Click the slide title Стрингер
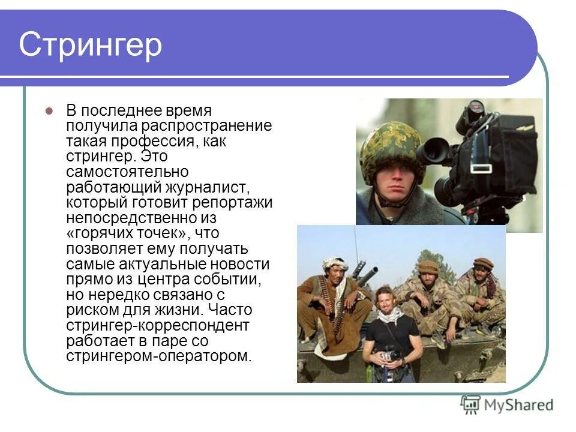(x=91, y=46)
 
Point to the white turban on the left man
(x=335, y=263)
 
